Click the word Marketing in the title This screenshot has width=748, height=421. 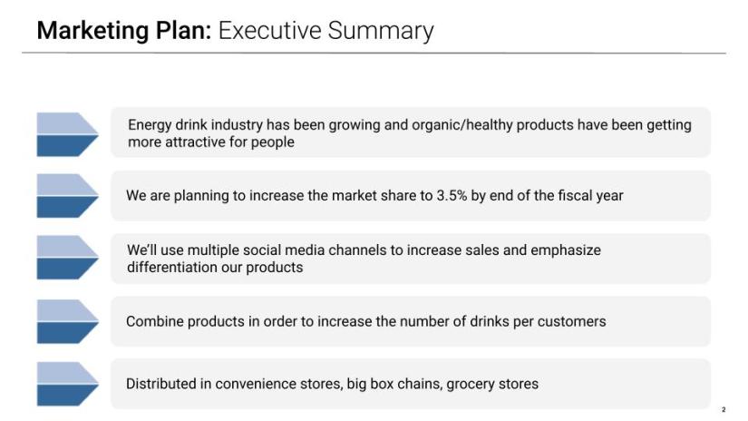point(93,31)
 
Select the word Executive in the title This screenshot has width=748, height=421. point(270,30)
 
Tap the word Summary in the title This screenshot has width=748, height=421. point(381,32)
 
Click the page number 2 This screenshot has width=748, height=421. point(724,409)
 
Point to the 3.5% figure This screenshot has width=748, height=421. point(452,195)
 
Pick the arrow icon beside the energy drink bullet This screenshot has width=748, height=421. point(67,134)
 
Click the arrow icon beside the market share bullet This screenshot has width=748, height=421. point(67,196)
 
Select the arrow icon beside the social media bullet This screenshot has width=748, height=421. point(67,258)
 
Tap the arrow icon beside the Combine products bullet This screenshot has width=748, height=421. point(67,322)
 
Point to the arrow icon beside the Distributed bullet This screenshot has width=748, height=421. point(67,384)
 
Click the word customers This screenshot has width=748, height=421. point(571,321)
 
